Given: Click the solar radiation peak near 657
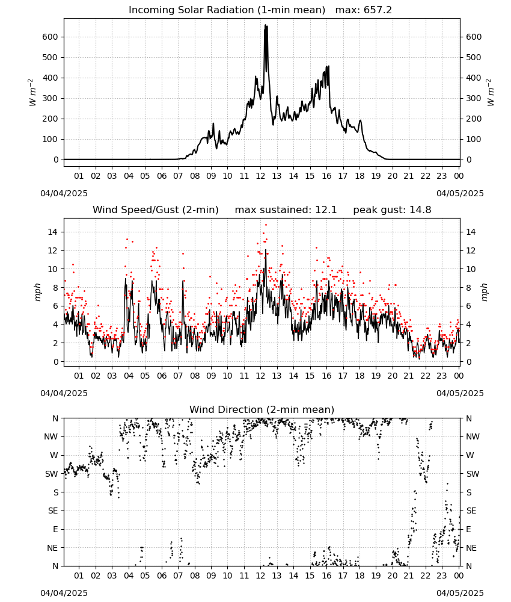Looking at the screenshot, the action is click(x=265, y=25).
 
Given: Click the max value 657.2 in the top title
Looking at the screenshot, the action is click(x=378, y=10).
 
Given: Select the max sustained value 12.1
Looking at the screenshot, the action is click(x=326, y=210).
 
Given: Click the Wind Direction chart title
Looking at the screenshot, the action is click(x=262, y=409).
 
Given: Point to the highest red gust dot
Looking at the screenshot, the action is click(x=266, y=225).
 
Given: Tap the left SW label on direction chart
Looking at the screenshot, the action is click(x=52, y=474).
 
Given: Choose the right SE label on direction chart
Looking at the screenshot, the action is click(x=471, y=510).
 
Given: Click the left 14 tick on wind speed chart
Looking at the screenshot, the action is click(x=53, y=232).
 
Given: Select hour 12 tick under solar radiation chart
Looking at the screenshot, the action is click(x=260, y=176).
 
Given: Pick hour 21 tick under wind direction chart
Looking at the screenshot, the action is click(x=409, y=576).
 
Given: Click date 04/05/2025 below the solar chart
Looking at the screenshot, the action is click(x=460, y=193).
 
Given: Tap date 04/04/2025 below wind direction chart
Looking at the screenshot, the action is click(x=64, y=593).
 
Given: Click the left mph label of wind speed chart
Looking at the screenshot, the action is click(x=37, y=292).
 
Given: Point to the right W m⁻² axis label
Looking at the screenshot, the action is click(x=491, y=93).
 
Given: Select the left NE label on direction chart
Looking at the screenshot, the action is click(x=52, y=548).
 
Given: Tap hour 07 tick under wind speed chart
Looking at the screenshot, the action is click(x=178, y=376).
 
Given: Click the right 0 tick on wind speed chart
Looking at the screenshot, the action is click(x=468, y=362).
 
